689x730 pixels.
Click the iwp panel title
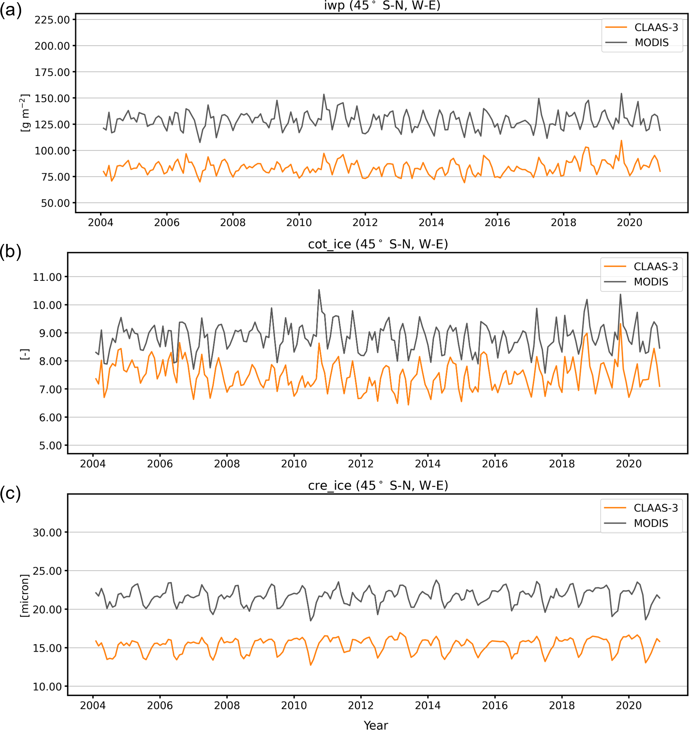tap(382, 6)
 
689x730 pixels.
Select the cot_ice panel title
tap(378, 244)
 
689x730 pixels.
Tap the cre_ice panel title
tap(378, 485)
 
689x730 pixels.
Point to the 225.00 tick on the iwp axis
tap(52, 20)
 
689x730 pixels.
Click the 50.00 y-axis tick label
tap(55, 203)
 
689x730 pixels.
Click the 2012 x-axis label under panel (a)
tap(365, 223)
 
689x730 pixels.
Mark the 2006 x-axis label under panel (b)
tap(160, 464)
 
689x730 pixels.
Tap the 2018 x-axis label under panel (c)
tap(562, 705)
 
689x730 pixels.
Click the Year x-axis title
tap(376, 725)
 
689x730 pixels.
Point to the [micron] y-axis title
tap(24, 595)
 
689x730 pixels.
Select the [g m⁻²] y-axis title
tap(24, 113)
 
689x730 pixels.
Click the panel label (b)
tap(10, 252)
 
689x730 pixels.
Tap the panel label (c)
tap(10, 493)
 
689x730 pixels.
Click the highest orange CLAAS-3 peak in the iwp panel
tap(621, 141)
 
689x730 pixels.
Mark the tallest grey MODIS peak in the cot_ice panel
tap(319, 290)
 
